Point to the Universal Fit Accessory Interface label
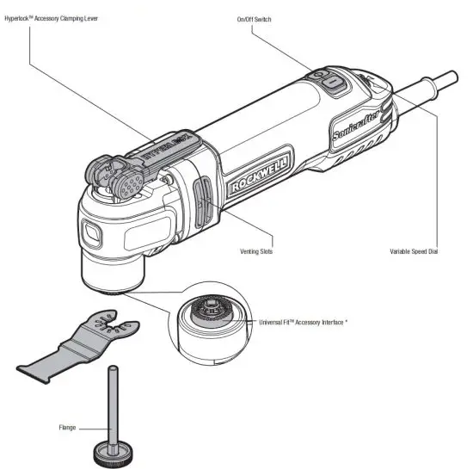tap(309, 322)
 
